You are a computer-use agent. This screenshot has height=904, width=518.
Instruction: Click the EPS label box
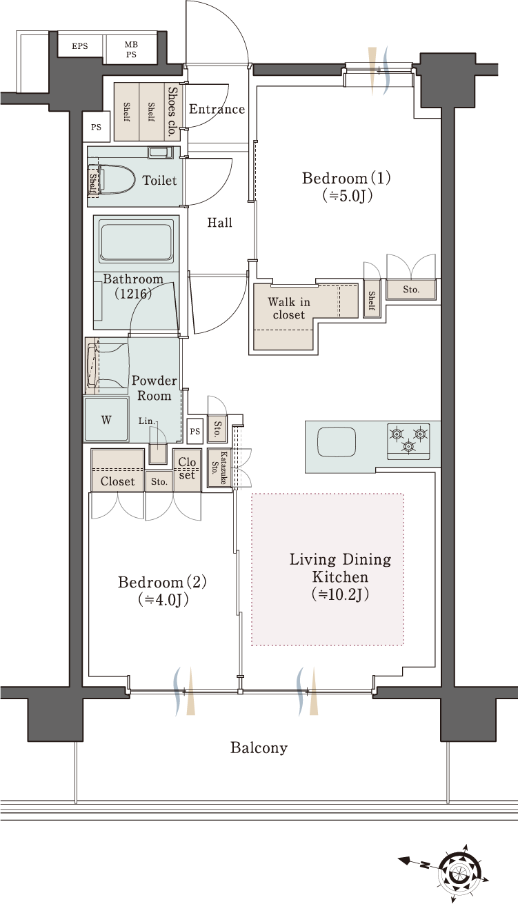[x=80, y=46]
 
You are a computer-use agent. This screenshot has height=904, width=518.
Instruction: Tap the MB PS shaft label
[x=131, y=49]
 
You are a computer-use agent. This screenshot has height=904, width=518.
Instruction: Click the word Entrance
[x=217, y=109]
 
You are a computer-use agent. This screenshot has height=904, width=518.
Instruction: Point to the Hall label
[x=219, y=222]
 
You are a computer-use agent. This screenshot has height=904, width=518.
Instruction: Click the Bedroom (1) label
[x=346, y=187]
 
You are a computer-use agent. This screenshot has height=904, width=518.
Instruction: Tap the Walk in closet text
[x=289, y=308]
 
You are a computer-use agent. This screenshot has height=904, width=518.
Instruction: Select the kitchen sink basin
[x=337, y=442]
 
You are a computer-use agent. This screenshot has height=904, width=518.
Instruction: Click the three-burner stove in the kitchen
[x=408, y=441]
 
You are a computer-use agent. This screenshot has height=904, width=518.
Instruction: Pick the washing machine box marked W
[x=106, y=420]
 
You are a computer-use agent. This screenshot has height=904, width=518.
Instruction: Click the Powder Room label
[x=155, y=388]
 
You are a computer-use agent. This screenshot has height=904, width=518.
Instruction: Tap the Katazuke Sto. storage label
[x=219, y=468]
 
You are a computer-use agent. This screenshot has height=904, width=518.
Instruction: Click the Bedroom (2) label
[x=162, y=590]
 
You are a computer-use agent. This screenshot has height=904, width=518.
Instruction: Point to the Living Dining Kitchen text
[x=340, y=576]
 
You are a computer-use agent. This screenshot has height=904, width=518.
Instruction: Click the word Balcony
[x=259, y=748]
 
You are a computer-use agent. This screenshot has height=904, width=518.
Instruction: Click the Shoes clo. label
[x=173, y=112]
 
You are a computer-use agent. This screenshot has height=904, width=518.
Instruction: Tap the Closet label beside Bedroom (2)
[x=117, y=481]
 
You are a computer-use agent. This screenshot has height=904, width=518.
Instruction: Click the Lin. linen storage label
[x=146, y=421]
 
